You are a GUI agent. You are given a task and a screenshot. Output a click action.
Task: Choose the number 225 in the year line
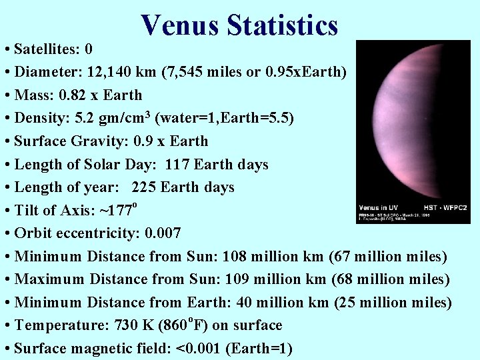[x=145, y=187]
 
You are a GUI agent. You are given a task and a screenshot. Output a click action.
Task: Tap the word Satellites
[x=46, y=49]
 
